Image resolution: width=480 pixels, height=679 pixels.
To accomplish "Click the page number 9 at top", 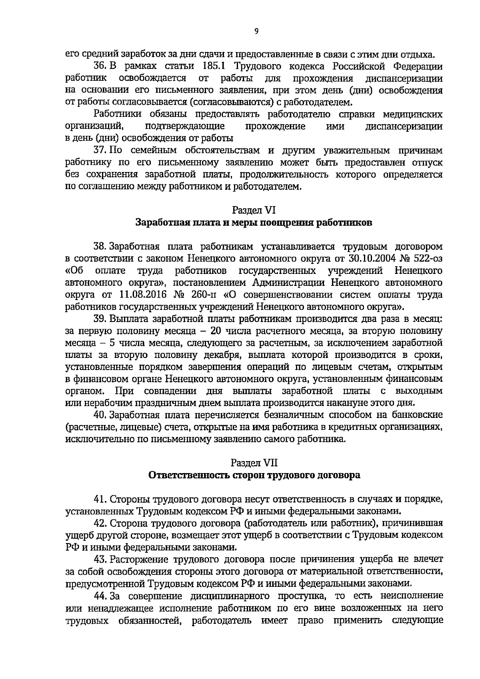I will pos(256,32).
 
